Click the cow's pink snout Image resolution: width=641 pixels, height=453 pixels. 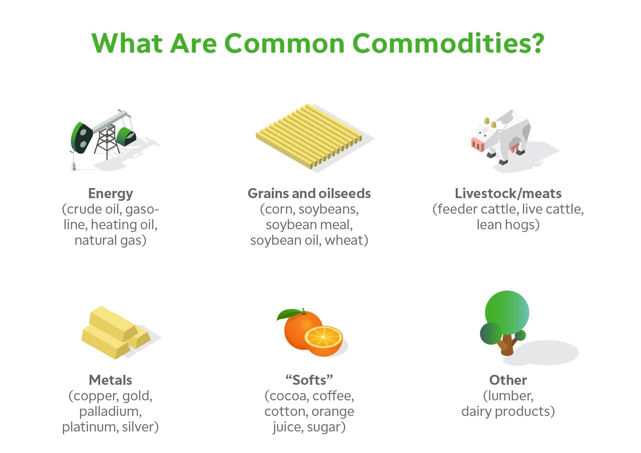(477, 145)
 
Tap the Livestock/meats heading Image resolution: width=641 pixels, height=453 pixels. (508, 194)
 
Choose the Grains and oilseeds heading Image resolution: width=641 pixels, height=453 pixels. (309, 194)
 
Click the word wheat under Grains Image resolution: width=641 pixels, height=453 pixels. (344, 240)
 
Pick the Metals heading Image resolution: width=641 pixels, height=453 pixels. (110, 380)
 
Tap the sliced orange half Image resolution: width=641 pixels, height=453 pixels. (323, 340)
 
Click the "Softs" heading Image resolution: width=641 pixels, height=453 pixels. (309, 380)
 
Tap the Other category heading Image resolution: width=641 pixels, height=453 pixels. (508, 380)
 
